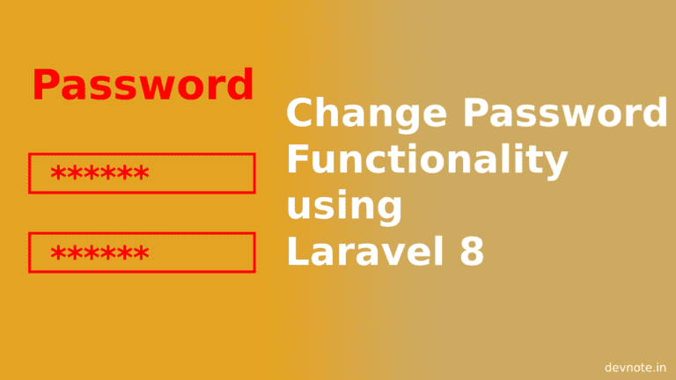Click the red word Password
tap(143, 84)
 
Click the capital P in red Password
tap(45, 84)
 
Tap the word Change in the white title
tap(366, 113)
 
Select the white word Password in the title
tap(565, 112)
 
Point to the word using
tap(344, 207)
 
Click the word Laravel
tap(365, 251)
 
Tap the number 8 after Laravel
tap(472, 252)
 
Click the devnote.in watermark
tap(635, 368)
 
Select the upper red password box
tap(142, 173)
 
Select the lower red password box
tap(142, 252)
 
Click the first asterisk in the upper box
tap(59, 172)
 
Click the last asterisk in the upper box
tap(141, 172)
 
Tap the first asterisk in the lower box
tap(59, 252)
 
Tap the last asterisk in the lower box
tap(141, 252)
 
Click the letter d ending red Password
tap(240, 84)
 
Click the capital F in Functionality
tap(298, 158)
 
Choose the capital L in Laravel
tap(298, 251)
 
